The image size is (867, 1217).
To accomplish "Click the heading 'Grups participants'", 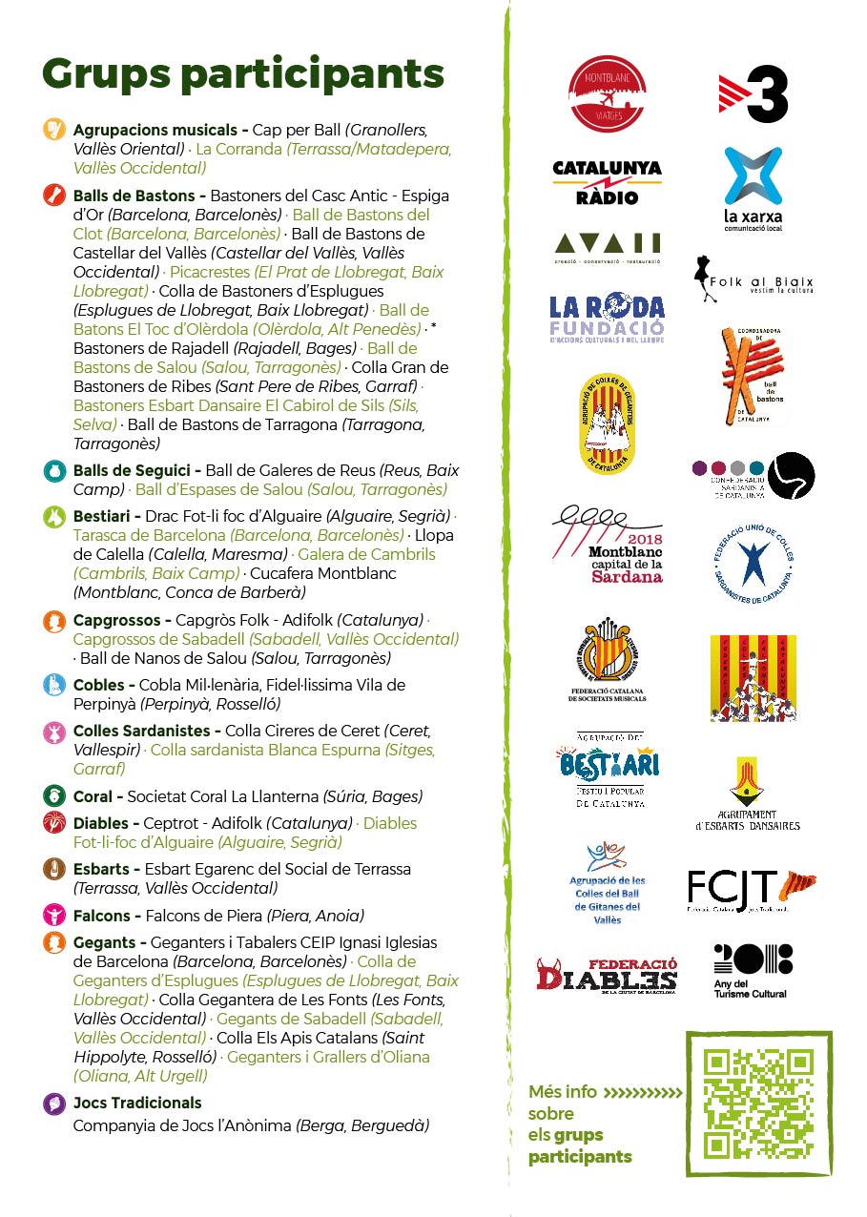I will pyautogui.click(x=243, y=73).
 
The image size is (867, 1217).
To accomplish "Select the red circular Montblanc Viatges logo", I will pyautogui.click(x=608, y=93).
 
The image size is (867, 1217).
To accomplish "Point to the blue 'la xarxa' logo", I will pyautogui.click(x=753, y=190).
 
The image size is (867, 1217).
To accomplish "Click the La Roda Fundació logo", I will pyautogui.click(x=607, y=319).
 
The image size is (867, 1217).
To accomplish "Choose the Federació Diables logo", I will pyautogui.click(x=607, y=975).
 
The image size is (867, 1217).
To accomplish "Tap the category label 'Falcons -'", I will pyautogui.click(x=108, y=916).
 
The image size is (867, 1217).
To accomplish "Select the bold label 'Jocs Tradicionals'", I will pyautogui.click(x=137, y=1103).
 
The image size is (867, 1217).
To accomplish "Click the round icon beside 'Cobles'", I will pyautogui.click(x=54, y=685).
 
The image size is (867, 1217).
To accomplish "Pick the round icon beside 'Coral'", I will pyautogui.click(x=54, y=796).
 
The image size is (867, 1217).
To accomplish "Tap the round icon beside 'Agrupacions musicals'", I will pyautogui.click(x=54, y=130).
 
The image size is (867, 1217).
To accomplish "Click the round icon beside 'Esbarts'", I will pyautogui.click(x=54, y=869).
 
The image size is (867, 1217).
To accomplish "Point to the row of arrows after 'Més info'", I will pyautogui.click(x=644, y=1092).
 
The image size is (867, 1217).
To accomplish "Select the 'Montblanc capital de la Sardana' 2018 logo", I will pyautogui.click(x=609, y=547).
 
